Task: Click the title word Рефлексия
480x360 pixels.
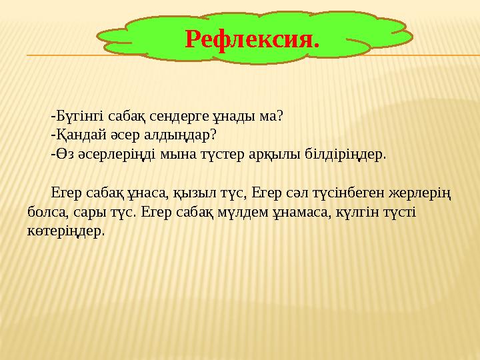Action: point(252,39)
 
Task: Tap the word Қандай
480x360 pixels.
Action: point(75,135)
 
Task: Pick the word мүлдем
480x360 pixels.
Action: point(245,213)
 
